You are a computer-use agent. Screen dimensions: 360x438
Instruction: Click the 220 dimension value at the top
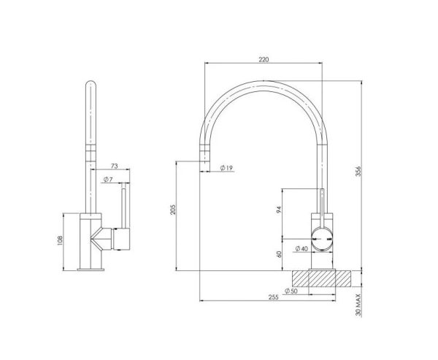pyautogui.click(x=264, y=59)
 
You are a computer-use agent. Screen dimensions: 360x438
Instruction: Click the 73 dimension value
pyautogui.click(x=115, y=167)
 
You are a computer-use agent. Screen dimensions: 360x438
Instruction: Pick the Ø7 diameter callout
pyautogui.click(x=107, y=179)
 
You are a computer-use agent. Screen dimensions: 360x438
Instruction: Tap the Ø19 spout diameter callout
pyautogui.click(x=226, y=169)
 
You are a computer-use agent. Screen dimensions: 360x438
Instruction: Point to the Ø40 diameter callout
pyautogui.click(x=300, y=249)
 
